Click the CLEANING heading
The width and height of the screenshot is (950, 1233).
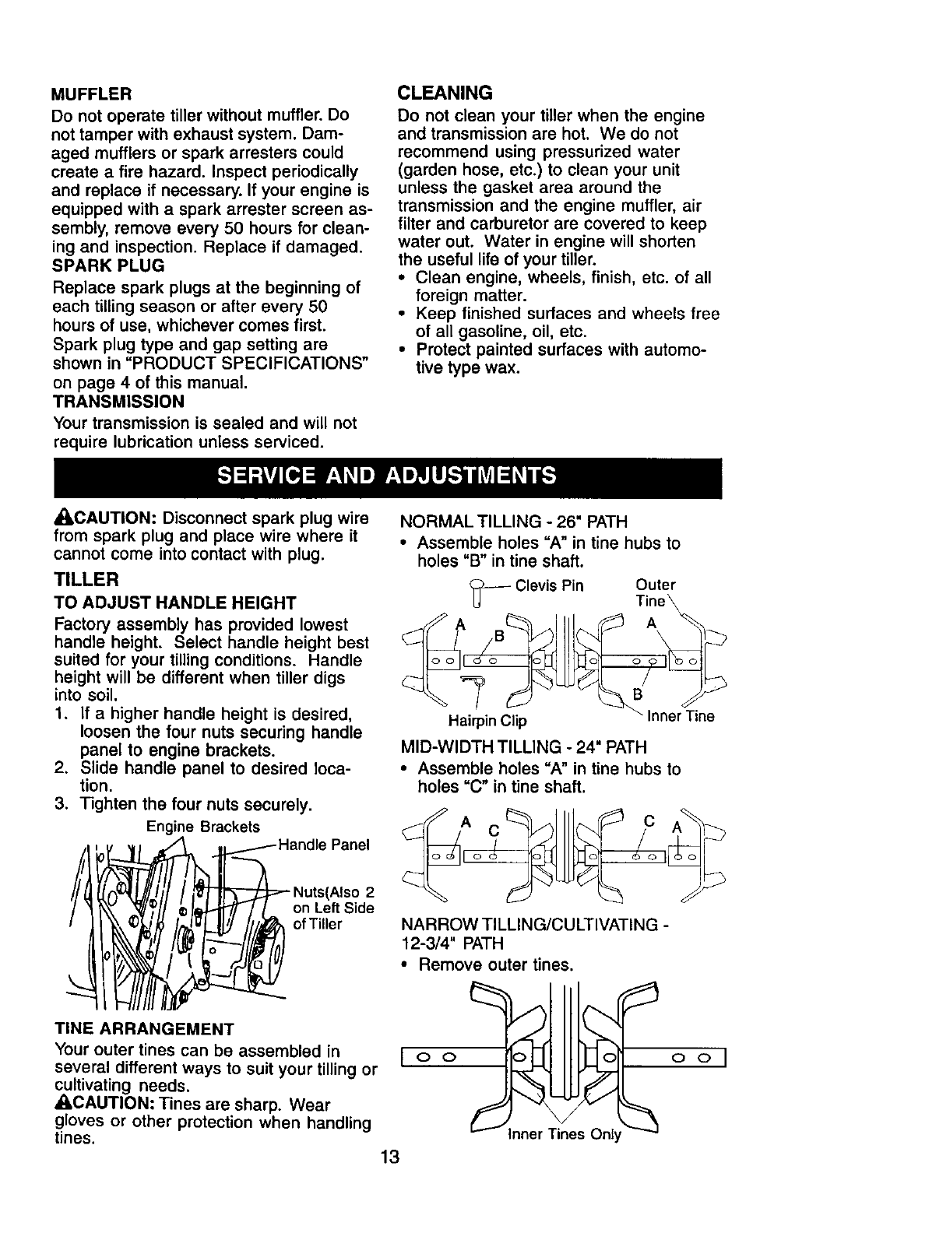pyautogui.click(x=445, y=93)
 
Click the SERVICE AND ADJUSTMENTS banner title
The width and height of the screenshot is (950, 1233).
pyautogui.click(x=387, y=476)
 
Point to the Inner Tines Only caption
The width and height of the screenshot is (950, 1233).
pyautogui.click(x=565, y=1134)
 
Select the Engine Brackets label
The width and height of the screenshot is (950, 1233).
pyautogui.click(x=202, y=826)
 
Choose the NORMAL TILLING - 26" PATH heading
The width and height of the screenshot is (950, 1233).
pyautogui.click(x=513, y=521)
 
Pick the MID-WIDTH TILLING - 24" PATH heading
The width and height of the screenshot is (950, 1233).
pyautogui.click(x=522, y=748)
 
